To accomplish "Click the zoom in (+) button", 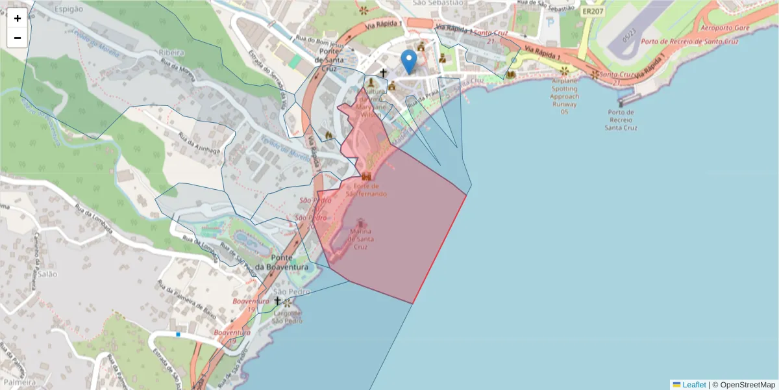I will click(18, 18).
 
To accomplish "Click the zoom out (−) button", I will click(18, 38).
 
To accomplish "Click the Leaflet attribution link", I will click(694, 385).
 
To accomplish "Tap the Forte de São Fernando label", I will click(367, 190).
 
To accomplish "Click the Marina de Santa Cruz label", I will click(361, 239).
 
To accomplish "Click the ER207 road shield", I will click(593, 12).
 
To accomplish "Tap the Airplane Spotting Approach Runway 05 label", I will click(564, 96).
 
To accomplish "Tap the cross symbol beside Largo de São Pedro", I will click(278, 302).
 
